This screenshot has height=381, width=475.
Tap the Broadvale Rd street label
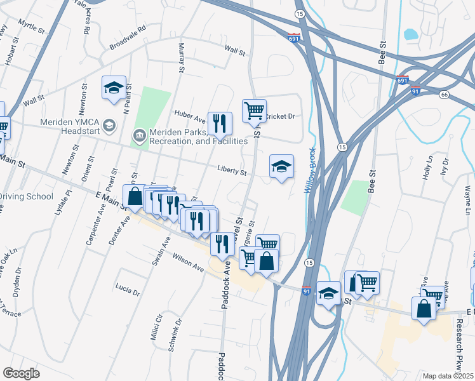point(128,37)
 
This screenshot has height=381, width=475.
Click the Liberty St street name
point(232,171)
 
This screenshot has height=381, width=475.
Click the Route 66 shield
point(444,95)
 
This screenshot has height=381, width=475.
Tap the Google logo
point(22,373)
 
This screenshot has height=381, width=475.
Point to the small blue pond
point(411,34)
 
